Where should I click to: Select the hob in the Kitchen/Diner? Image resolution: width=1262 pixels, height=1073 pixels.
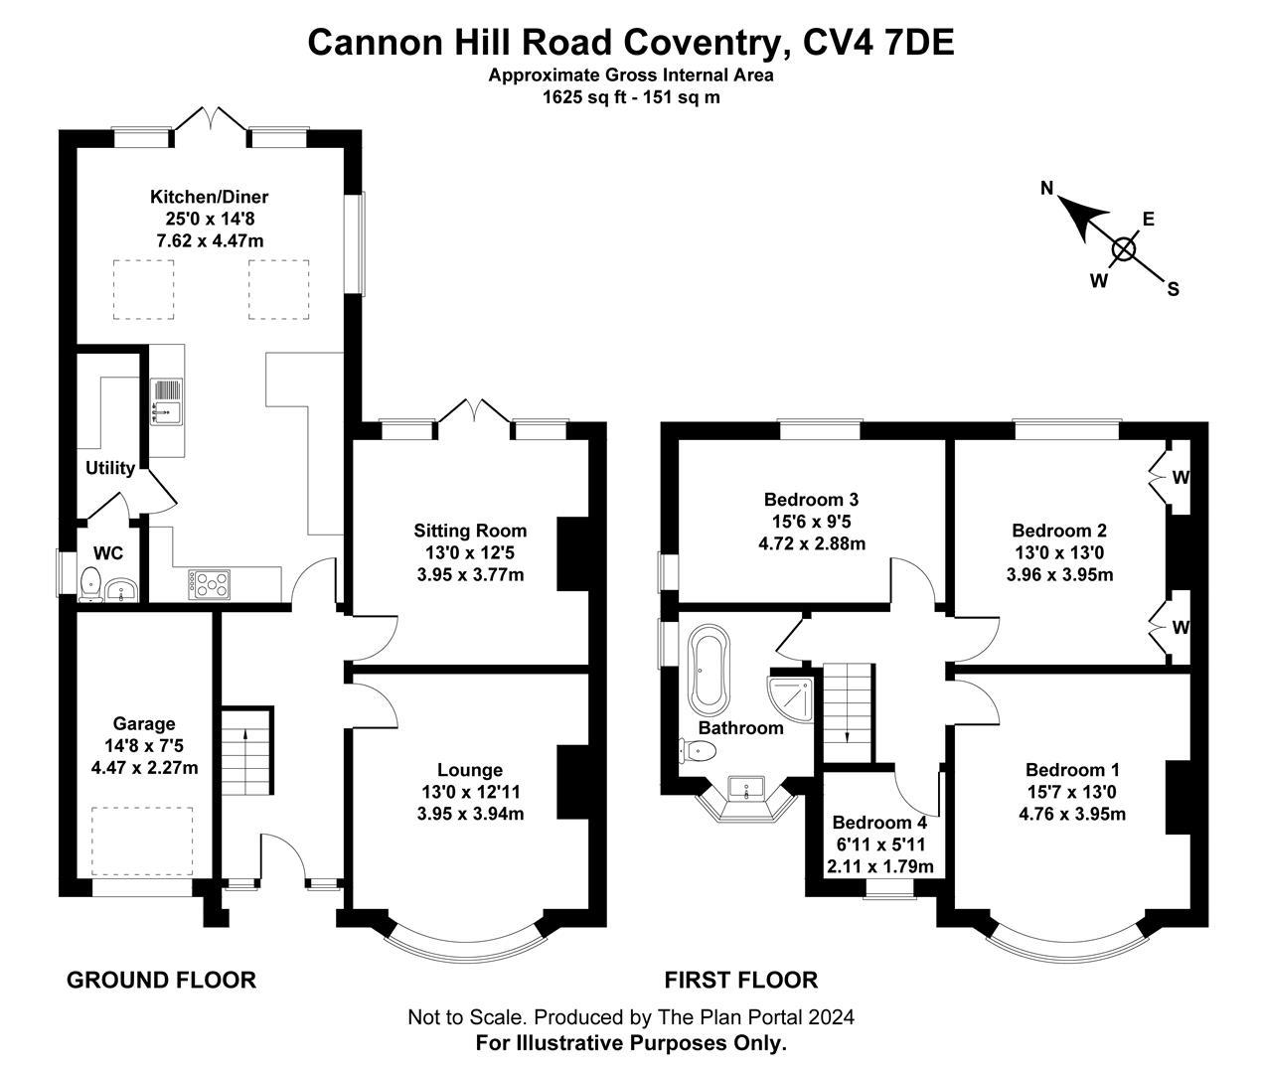coord(209,583)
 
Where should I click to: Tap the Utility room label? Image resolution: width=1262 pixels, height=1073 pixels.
coord(109,468)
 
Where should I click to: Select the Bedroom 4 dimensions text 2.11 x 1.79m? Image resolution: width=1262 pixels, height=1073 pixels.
coord(880,866)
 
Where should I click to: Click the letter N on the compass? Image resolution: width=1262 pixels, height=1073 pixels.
coord(1047,188)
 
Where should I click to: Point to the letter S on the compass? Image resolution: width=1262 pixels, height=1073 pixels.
coord(1173,290)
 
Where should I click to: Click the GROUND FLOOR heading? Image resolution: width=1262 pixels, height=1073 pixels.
coord(161,981)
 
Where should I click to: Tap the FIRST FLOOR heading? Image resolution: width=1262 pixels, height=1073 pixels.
coord(741,981)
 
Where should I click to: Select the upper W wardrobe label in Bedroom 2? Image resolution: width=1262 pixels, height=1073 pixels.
coord(1180,477)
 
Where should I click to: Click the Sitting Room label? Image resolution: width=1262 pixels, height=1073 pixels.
coord(470,531)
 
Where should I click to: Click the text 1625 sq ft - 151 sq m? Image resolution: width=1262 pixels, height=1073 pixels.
coord(630,97)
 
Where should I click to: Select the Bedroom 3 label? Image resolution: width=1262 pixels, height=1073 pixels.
coord(811,500)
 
